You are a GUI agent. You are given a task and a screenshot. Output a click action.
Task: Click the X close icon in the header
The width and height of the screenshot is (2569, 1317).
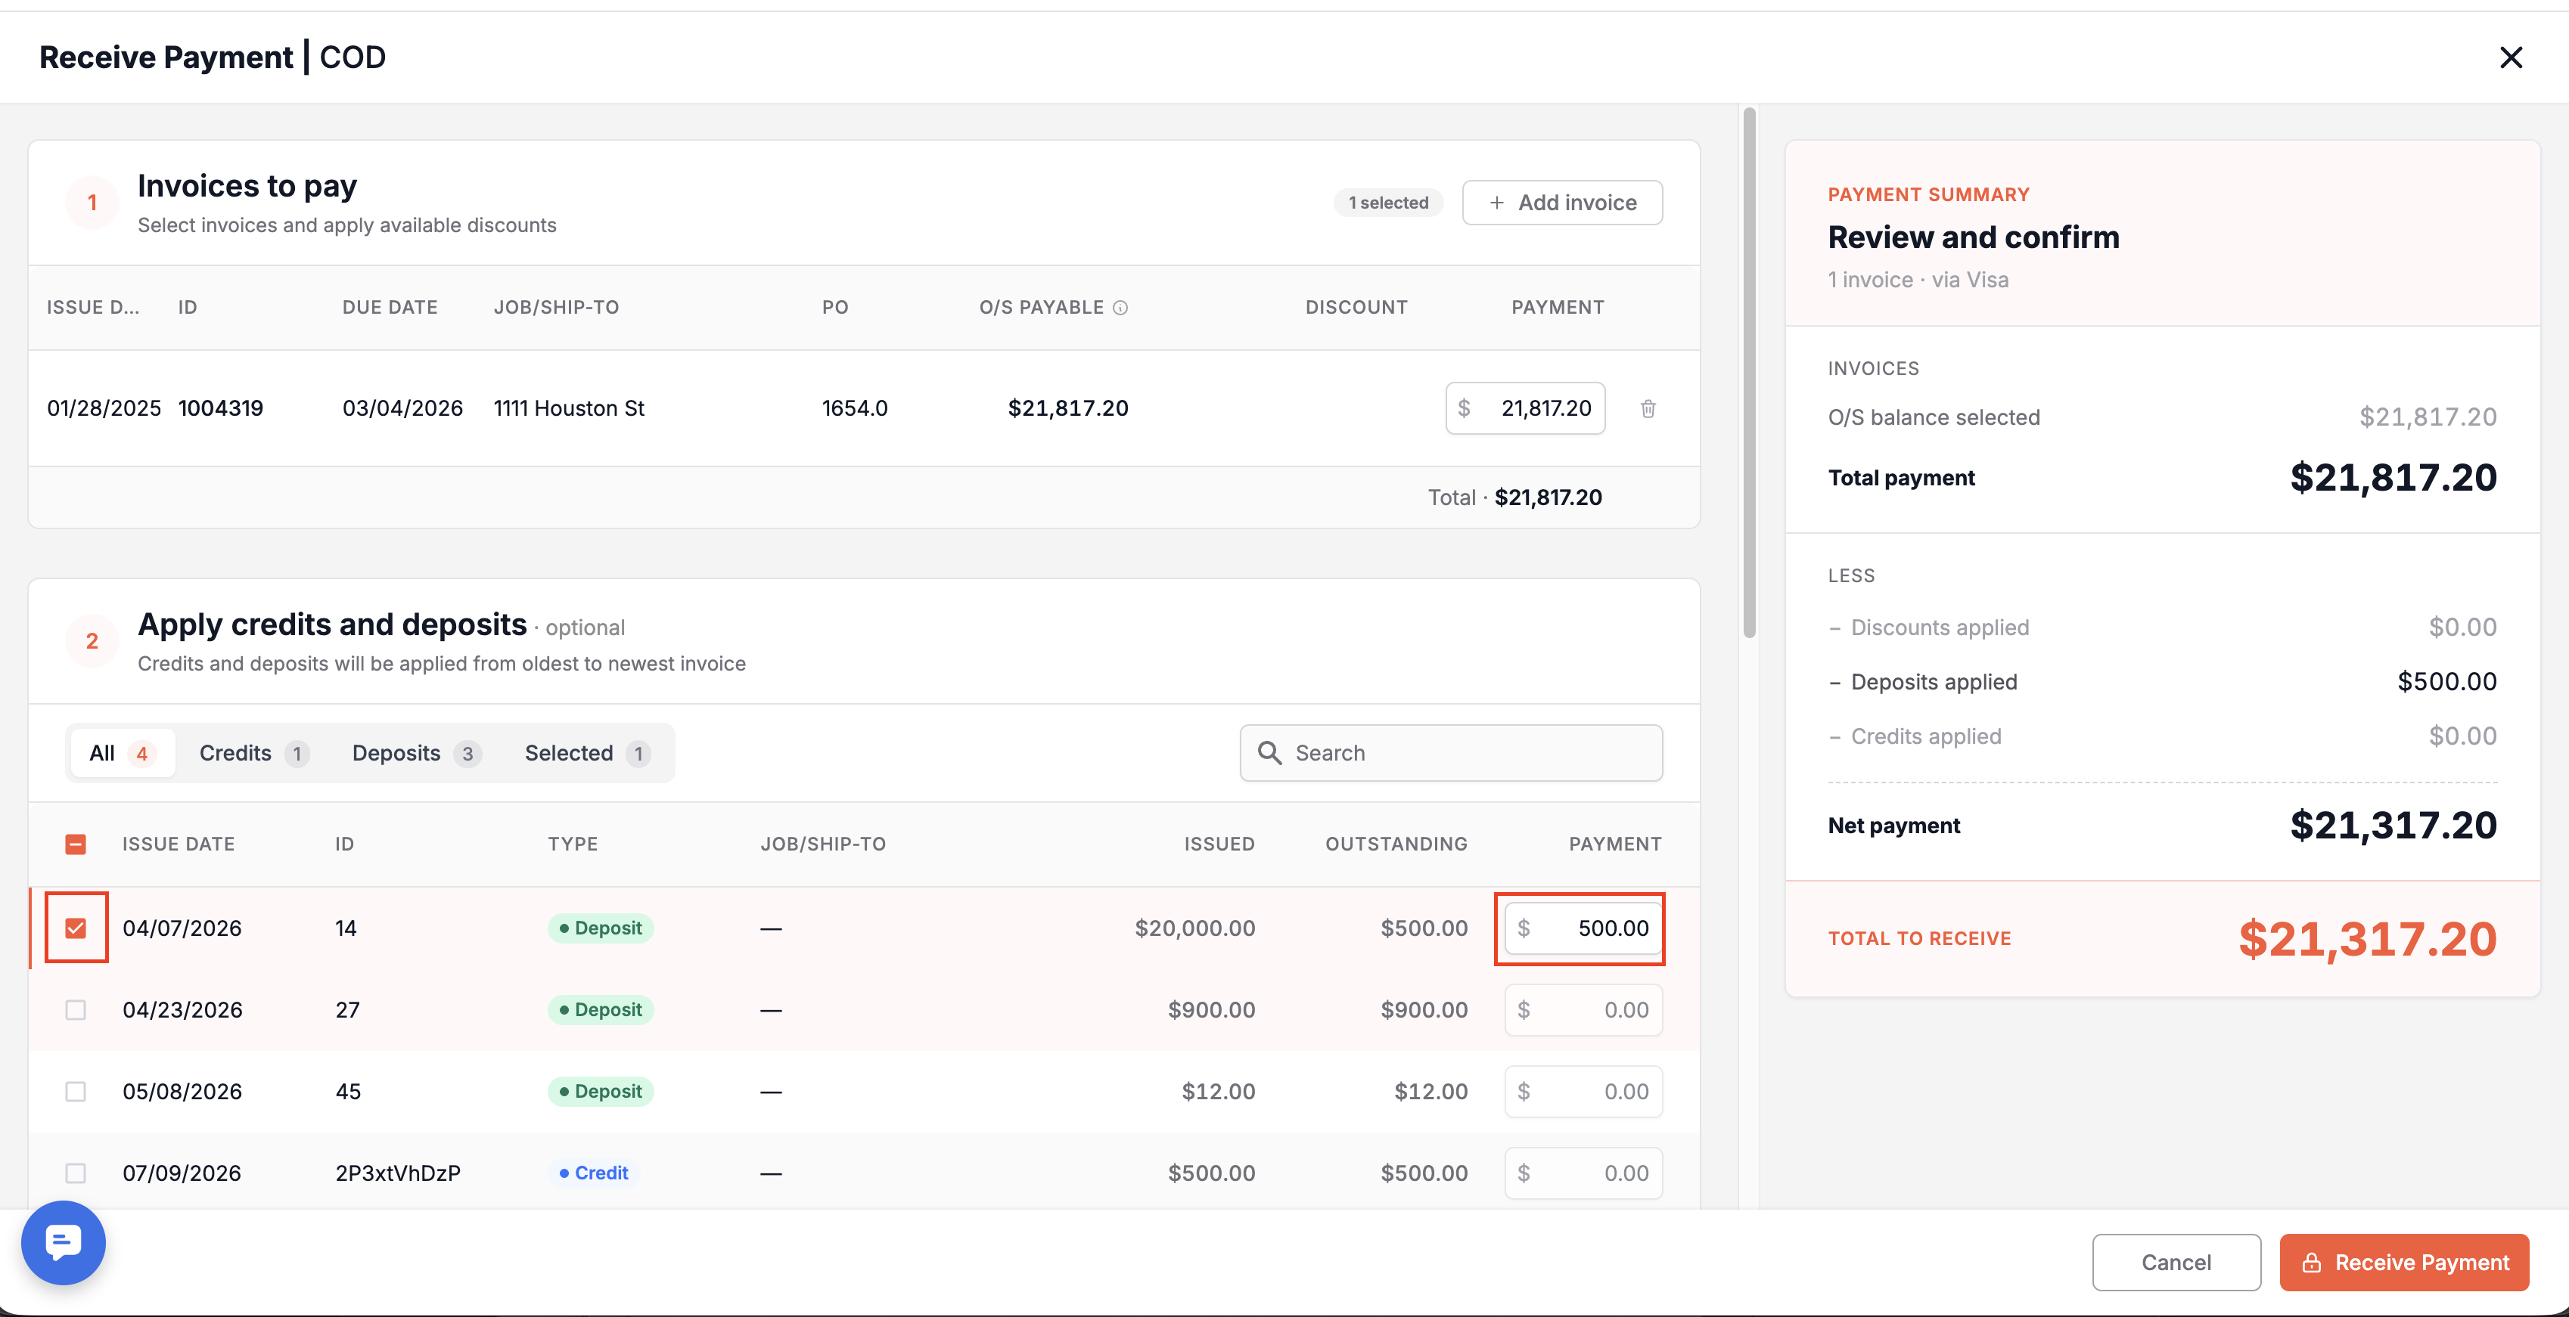2510,57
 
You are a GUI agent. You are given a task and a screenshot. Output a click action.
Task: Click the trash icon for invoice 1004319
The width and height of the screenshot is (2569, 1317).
1648,409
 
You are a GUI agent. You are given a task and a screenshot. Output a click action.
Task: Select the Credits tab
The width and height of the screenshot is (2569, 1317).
253,754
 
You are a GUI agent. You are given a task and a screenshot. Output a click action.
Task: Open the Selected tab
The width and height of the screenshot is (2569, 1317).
587,754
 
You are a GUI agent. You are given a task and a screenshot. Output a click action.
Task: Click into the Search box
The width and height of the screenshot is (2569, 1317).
1451,754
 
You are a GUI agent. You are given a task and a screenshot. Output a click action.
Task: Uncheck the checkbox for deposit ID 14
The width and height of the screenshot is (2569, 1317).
76,928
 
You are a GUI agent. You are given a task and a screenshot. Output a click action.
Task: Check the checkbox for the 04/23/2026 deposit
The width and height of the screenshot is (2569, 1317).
76,1010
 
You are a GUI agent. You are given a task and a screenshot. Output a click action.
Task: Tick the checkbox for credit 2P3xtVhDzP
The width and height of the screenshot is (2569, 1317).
76,1173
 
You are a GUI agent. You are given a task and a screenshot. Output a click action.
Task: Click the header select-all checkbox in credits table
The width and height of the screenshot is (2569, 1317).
76,844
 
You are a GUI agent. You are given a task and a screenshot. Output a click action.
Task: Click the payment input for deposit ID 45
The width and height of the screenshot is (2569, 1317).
1583,1092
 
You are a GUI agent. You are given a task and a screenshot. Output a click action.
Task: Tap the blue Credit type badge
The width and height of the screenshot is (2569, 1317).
595,1173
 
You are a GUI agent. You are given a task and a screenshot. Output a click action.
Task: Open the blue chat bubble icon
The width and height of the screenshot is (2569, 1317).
63,1243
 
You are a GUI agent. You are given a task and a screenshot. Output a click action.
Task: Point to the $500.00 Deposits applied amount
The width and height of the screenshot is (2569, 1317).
2446,682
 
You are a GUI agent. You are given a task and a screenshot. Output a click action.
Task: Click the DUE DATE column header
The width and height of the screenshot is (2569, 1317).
390,308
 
